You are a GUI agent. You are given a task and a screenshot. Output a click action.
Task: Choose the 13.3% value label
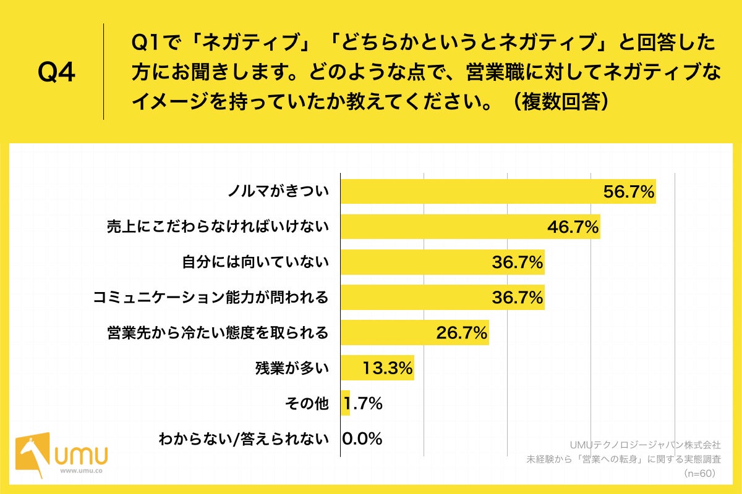[388, 369]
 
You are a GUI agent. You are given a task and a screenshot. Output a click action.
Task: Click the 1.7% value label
[363, 404]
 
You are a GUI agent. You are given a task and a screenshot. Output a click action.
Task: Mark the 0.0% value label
[362, 439]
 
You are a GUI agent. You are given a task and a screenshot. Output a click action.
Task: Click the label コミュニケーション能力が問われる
[210, 298]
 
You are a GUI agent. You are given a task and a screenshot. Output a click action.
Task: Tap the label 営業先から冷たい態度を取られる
[216, 333]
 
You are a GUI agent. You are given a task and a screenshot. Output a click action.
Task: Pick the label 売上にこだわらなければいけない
[216, 228]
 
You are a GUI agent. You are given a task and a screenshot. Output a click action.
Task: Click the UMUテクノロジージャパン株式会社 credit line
[645, 444]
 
